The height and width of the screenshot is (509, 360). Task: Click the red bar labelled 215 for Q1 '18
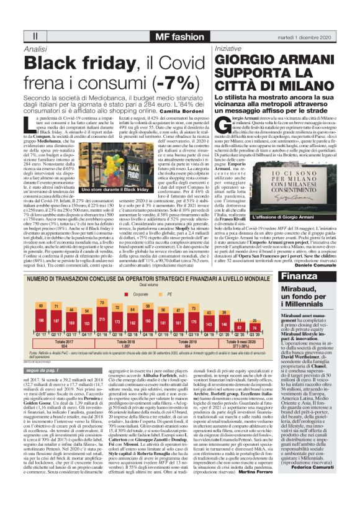(102, 322)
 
